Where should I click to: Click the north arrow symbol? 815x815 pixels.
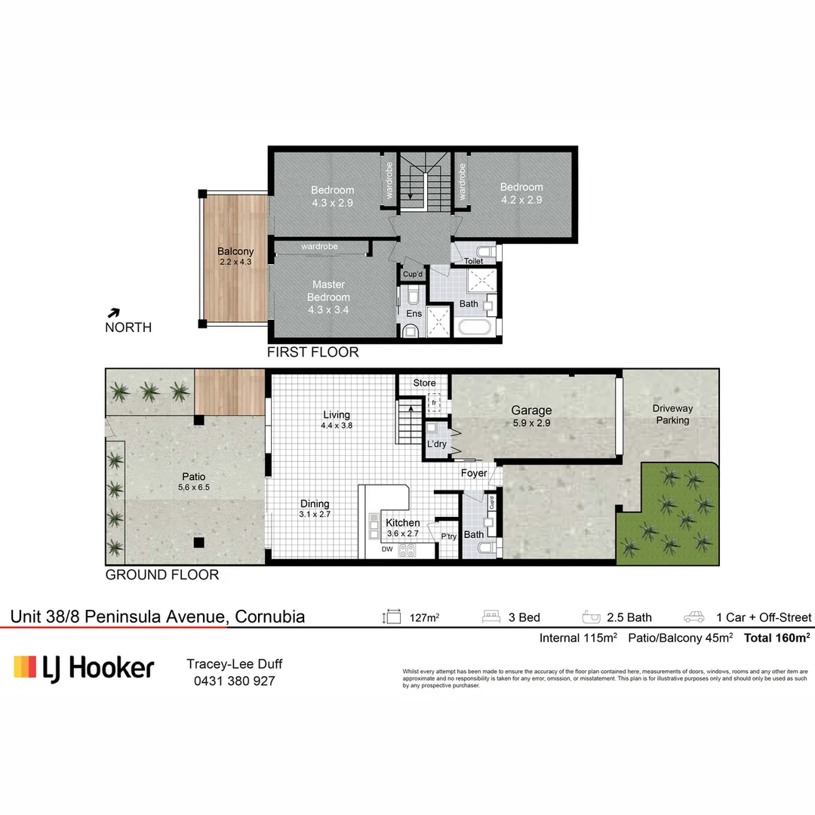pyautogui.click(x=115, y=312)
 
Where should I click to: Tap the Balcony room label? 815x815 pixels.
pyautogui.click(x=235, y=251)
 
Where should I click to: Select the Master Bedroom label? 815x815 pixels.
pyautogui.click(x=329, y=291)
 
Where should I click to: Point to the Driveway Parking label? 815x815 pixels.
pyautogui.click(x=672, y=414)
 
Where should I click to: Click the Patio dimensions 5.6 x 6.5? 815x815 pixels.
pyautogui.click(x=194, y=487)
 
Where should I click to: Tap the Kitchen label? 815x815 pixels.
pyautogui.click(x=402, y=522)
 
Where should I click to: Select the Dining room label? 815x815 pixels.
pyautogui.click(x=315, y=504)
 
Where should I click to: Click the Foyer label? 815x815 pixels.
pyautogui.click(x=474, y=473)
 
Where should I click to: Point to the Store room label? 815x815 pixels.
pyautogui.click(x=424, y=383)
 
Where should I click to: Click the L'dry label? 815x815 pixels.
pyautogui.click(x=436, y=445)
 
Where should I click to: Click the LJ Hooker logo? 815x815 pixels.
pyautogui.click(x=84, y=668)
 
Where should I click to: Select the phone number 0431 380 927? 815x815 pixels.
pyautogui.click(x=234, y=681)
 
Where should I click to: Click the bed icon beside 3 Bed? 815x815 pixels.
pyautogui.click(x=492, y=617)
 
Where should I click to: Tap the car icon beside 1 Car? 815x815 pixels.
pyautogui.click(x=694, y=617)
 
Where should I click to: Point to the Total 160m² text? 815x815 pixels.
pyautogui.click(x=777, y=638)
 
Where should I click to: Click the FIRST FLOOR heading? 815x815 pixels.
pyautogui.click(x=313, y=352)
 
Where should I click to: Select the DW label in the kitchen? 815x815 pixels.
pyautogui.click(x=386, y=549)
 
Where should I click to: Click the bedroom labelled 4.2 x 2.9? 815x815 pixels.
pyautogui.click(x=521, y=193)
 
